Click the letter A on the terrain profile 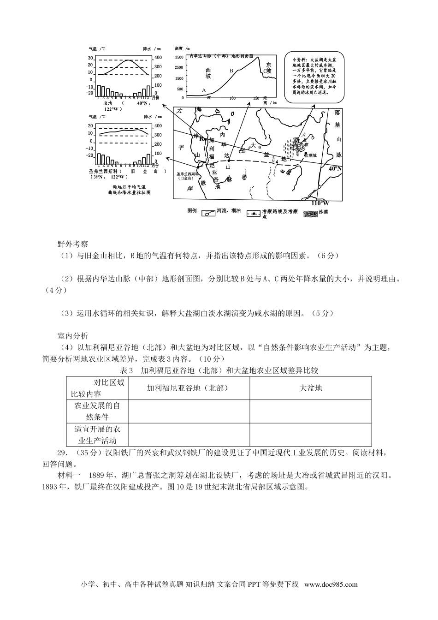click(x=204, y=90)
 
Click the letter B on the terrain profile click(x=232, y=71)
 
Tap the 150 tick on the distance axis click(x=256, y=98)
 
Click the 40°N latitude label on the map click(x=335, y=169)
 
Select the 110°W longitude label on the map click(x=320, y=203)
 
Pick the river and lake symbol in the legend click(x=209, y=213)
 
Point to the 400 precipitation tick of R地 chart click(x=158, y=58)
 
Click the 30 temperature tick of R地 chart click(x=91, y=58)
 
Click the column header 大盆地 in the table click(x=311, y=388)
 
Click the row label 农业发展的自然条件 click(x=97, y=411)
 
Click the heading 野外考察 click(x=72, y=243)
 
